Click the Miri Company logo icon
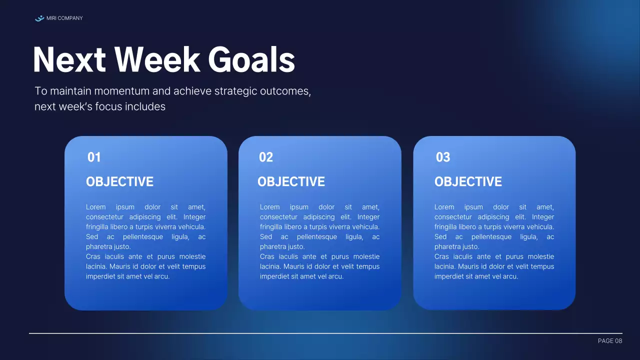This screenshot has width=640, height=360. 39,18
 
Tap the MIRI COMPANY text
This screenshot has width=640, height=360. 64,18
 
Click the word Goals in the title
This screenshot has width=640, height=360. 251,60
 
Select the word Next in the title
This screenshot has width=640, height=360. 69,60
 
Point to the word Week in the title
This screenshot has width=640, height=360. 157,60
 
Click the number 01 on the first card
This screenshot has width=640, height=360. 94,157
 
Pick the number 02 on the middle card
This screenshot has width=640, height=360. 266,157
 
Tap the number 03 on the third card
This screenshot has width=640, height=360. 443,157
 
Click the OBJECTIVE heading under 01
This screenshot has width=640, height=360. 119,182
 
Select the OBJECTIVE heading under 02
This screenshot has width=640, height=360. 291,182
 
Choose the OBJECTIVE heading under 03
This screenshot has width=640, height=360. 468,182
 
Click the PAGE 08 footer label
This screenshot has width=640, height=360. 610,341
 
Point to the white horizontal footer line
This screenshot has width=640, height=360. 325,333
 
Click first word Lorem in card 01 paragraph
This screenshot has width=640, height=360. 95,207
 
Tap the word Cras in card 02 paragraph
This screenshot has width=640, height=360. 267,256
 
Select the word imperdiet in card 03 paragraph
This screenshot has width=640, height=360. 449,276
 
